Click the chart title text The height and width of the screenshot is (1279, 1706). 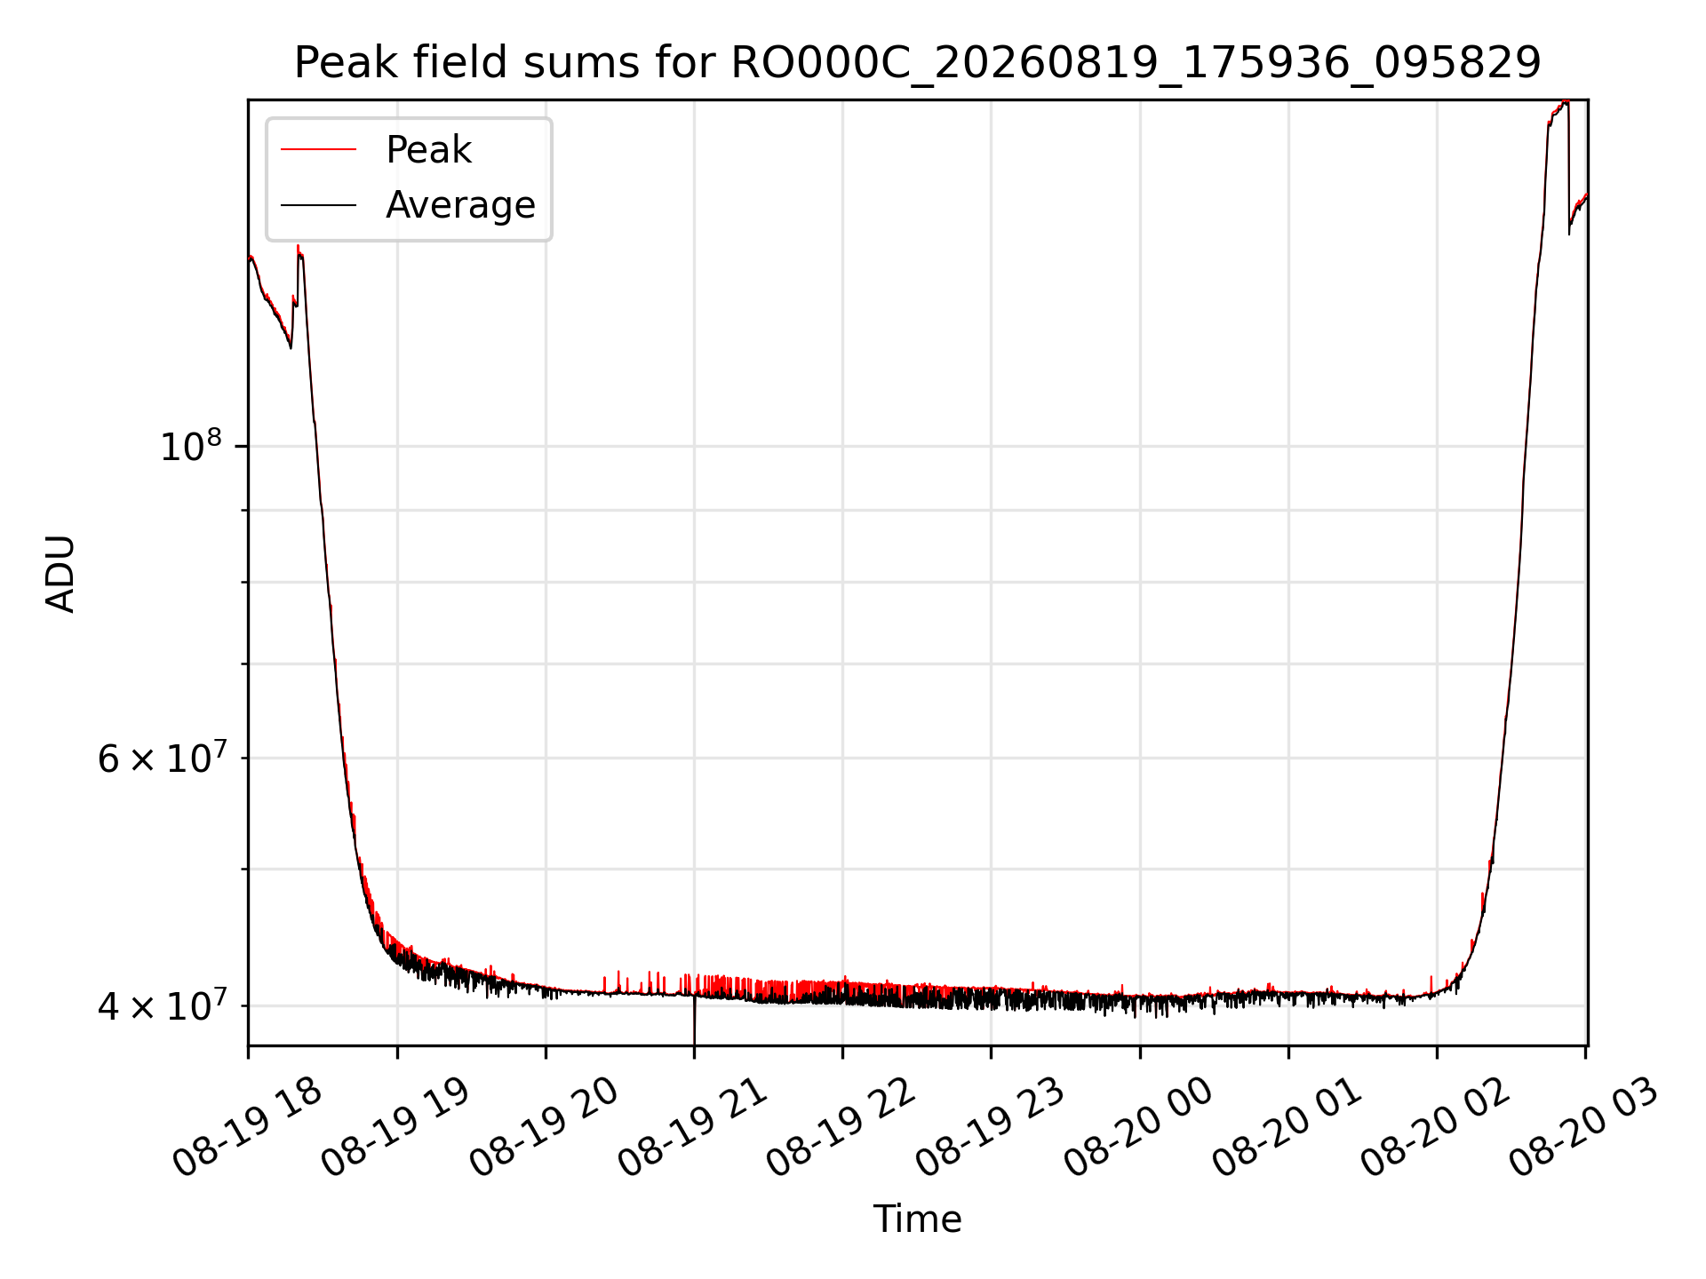pyautogui.click(x=917, y=63)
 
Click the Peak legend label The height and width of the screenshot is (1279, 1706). pyautogui.click(x=428, y=150)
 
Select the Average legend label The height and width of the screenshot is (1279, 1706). pyautogui.click(x=460, y=205)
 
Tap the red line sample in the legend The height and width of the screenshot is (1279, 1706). pyautogui.click(x=318, y=150)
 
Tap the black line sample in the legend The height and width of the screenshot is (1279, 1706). pyautogui.click(x=318, y=205)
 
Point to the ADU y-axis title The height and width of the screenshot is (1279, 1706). pyautogui.click(x=60, y=574)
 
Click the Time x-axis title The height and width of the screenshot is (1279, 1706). pyautogui.click(x=917, y=1219)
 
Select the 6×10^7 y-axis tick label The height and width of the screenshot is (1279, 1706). pyautogui.click(x=162, y=758)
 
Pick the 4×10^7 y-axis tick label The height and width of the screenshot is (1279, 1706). pyautogui.click(x=162, y=1005)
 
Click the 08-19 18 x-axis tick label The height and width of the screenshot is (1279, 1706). pyautogui.click(x=247, y=1127)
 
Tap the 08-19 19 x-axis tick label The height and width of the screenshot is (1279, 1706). pyautogui.click(x=395, y=1127)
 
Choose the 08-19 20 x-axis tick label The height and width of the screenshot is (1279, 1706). pyautogui.click(x=544, y=1127)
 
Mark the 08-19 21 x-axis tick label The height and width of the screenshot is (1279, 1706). pyautogui.click(x=692, y=1127)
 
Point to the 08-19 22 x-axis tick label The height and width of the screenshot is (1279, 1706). pyautogui.click(x=841, y=1127)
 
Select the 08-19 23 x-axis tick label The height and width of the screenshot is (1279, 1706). pyautogui.click(x=990, y=1127)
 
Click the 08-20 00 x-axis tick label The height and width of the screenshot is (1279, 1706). pyautogui.click(x=1138, y=1127)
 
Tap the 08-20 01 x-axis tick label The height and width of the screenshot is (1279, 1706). pyautogui.click(x=1287, y=1127)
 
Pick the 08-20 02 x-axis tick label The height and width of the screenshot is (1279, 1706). pyautogui.click(x=1435, y=1127)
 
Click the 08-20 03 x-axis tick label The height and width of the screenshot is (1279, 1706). pyautogui.click(x=1583, y=1127)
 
